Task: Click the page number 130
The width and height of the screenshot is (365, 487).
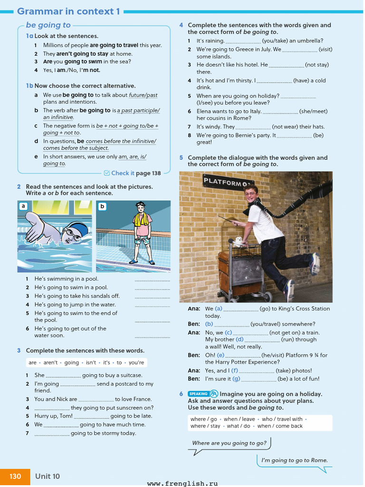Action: (15, 476)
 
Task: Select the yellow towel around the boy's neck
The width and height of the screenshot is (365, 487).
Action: (141, 219)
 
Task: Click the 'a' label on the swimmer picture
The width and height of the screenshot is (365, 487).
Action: (23, 206)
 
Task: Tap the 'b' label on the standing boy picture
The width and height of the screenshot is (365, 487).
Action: (102, 206)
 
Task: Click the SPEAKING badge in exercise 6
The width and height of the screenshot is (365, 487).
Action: (198, 394)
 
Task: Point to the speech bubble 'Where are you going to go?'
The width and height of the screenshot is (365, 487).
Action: (229, 443)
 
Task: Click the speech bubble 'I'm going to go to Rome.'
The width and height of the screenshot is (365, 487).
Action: (294, 460)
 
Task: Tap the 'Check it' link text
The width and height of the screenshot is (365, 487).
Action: (122, 173)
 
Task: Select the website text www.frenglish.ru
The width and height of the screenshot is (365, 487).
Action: (182, 483)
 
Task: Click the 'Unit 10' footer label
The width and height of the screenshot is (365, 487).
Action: (48, 476)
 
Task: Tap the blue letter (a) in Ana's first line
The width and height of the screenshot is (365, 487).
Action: (219, 309)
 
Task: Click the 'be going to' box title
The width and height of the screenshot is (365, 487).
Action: (48, 25)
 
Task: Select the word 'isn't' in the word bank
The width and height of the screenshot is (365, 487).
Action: (91, 362)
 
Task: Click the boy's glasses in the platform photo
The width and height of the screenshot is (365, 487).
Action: (250, 193)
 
